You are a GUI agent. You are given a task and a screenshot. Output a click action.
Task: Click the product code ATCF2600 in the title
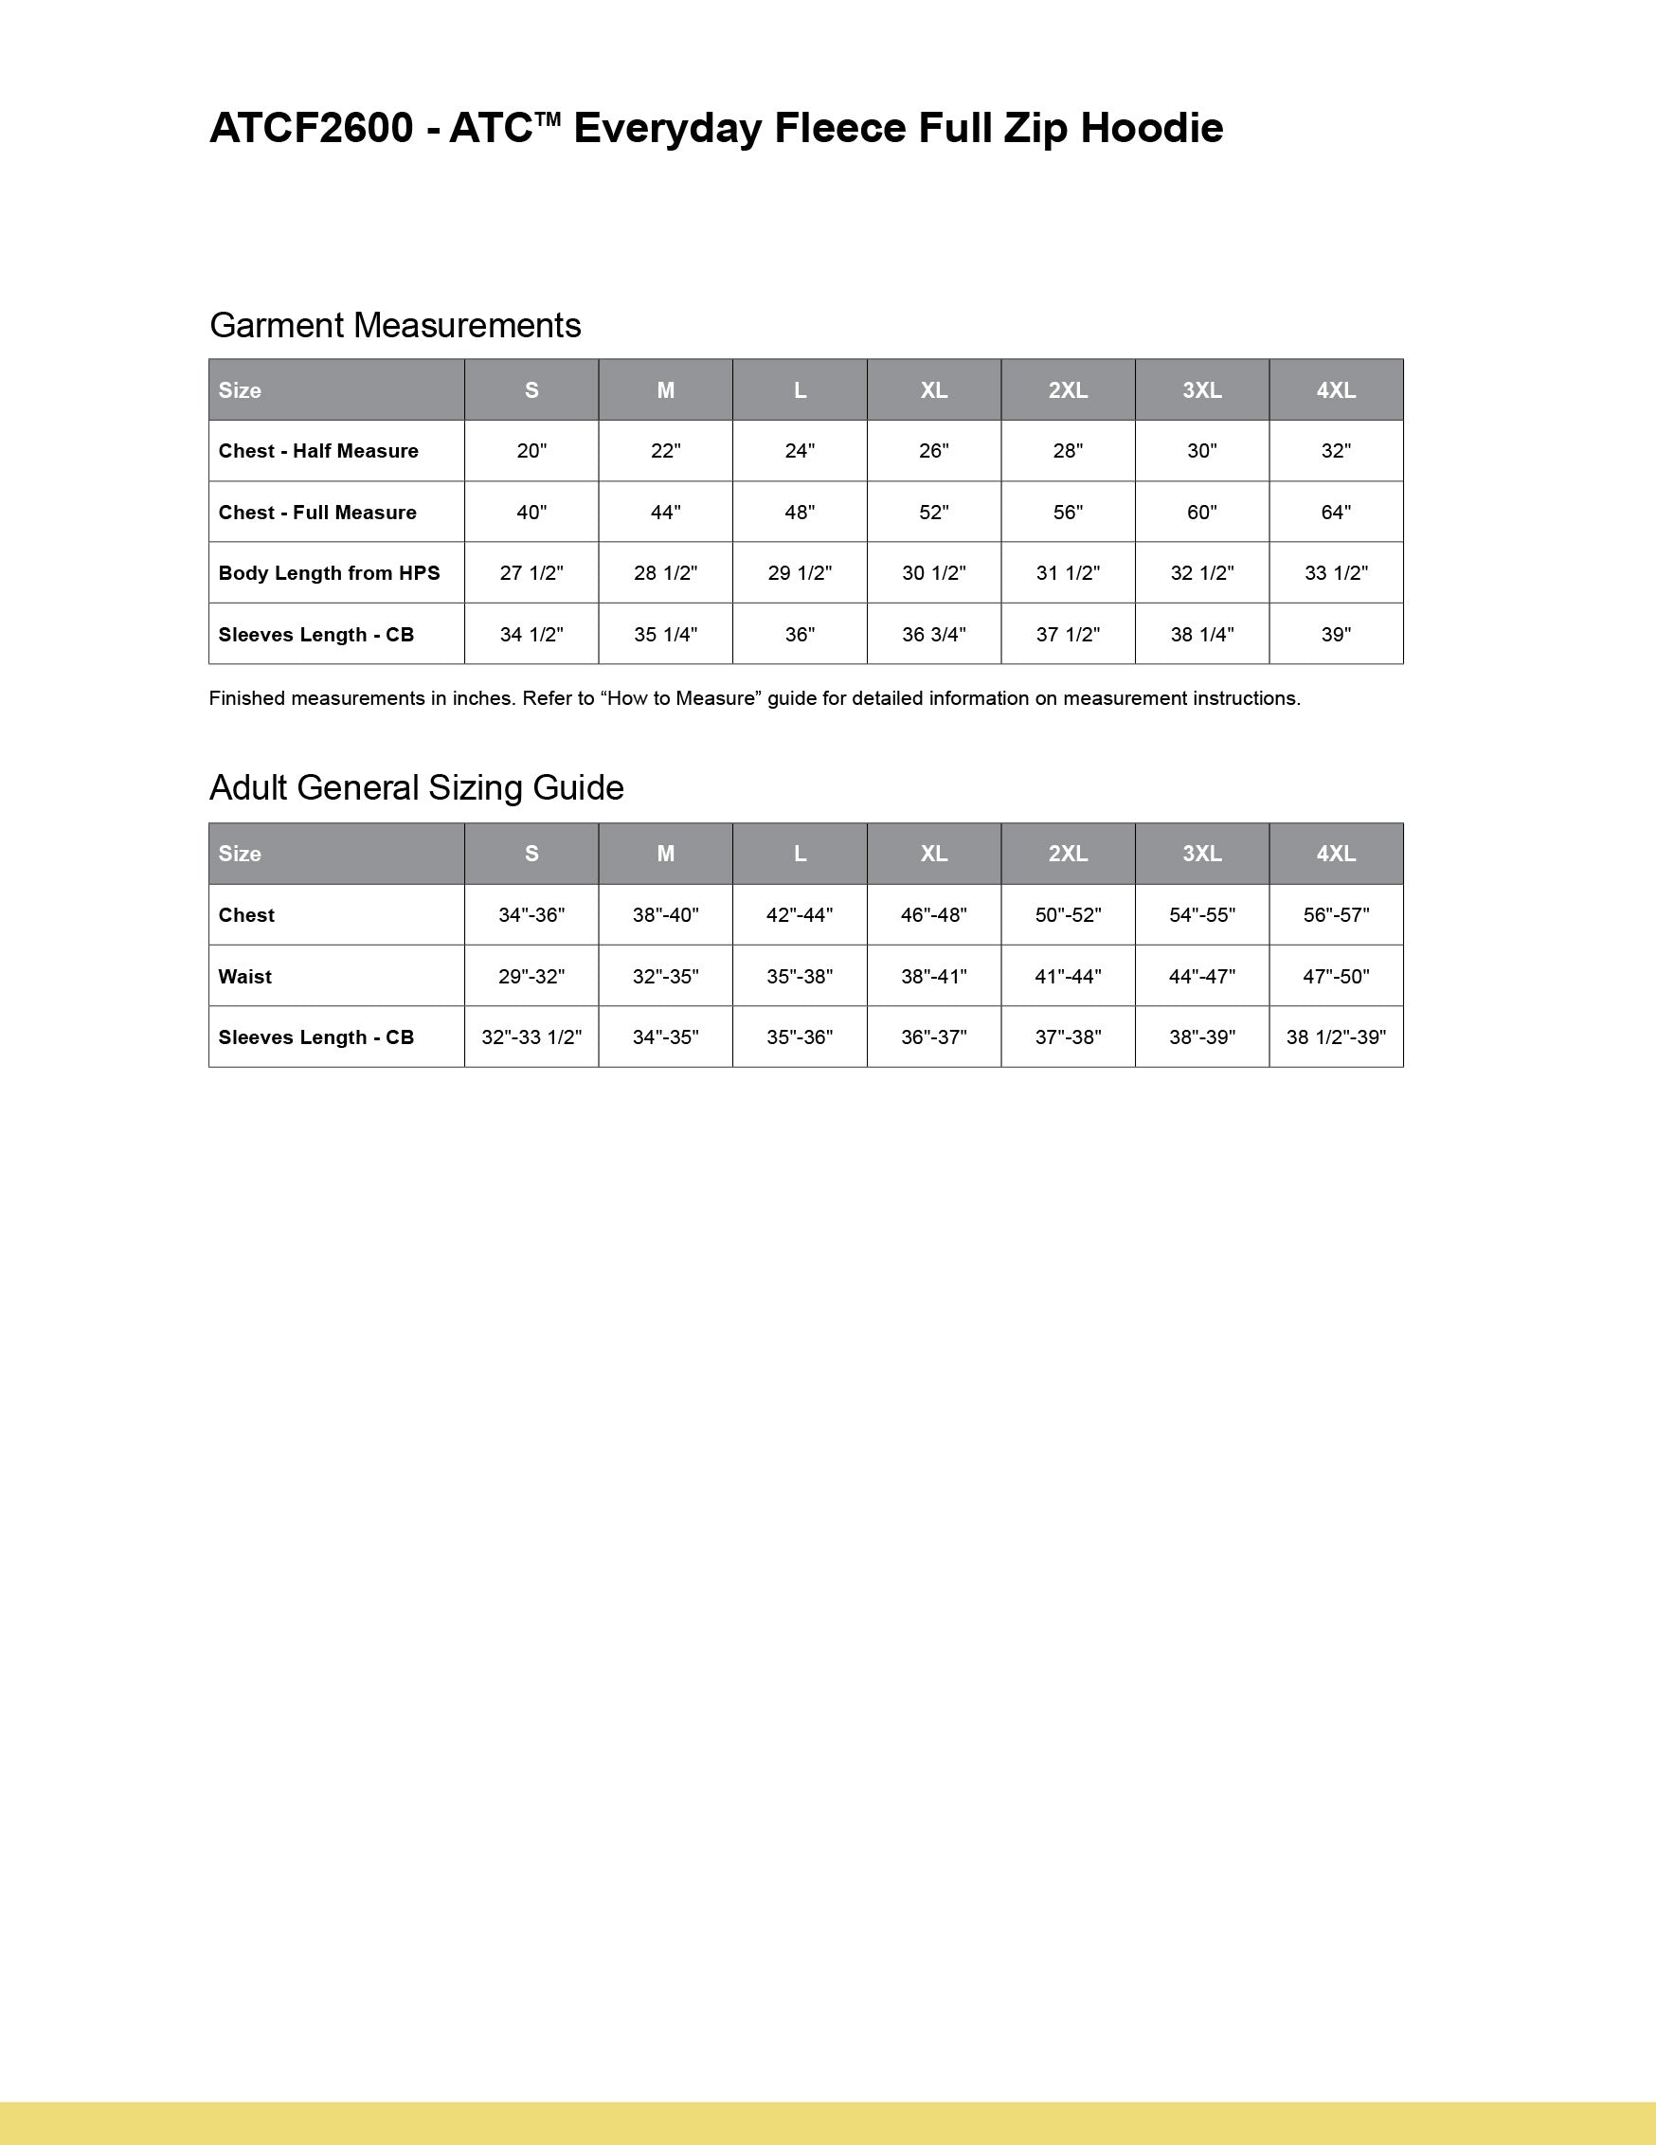[311, 129]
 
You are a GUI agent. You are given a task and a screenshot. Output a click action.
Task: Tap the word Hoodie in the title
[1151, 129]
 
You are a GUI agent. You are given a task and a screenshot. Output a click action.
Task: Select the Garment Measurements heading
[395, 325]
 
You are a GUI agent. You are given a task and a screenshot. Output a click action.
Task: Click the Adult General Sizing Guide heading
[417, 787]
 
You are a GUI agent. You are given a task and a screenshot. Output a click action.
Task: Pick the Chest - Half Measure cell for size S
[531, 451]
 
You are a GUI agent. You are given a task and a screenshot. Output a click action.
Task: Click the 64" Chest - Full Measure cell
[1336, 512]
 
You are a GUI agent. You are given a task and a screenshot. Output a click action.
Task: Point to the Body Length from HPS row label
[329, 572]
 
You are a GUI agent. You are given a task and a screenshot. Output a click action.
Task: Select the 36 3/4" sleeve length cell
[933, 635]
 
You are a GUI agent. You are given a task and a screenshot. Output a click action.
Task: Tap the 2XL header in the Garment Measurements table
[1068, 390]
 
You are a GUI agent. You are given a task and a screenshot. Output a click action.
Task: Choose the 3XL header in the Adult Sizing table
[1201, 854]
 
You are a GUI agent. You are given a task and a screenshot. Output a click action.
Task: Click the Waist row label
[244, 976]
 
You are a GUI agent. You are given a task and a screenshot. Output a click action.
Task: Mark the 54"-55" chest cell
[1201, 914]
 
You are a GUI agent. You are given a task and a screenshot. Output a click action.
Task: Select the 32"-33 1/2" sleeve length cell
[531, 1037]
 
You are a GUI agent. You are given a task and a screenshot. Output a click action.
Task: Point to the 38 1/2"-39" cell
[1336, 1037]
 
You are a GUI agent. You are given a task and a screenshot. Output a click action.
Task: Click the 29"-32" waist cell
[531, 976]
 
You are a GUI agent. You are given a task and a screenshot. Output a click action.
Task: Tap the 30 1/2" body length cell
[933, 572]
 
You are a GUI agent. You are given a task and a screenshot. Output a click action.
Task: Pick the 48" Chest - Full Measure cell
[800, 512]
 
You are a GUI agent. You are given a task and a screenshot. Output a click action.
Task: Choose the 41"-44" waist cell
[1068, 976]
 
